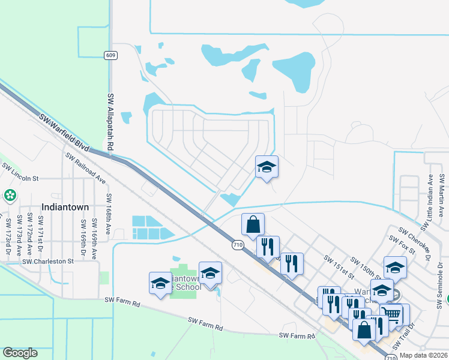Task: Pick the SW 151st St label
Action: [338, 266]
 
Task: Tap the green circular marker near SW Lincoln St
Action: [9, 196]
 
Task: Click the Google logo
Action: [20, 352]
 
